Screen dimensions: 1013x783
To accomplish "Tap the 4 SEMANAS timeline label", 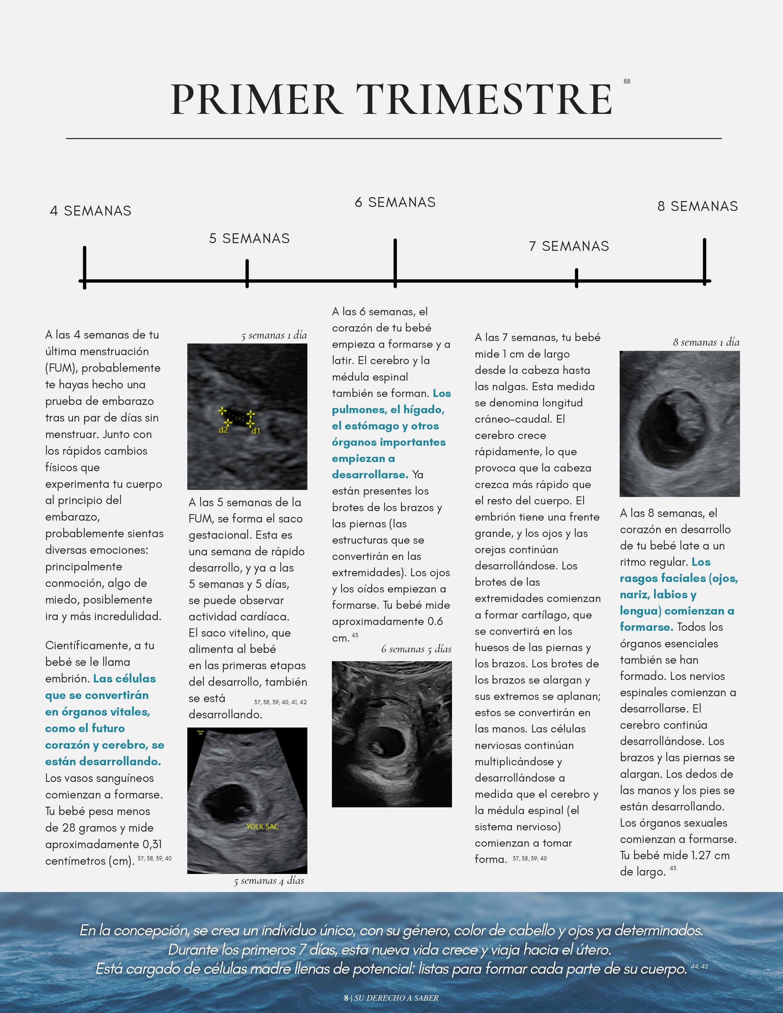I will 91,211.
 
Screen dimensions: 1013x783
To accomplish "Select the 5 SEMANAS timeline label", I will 250,239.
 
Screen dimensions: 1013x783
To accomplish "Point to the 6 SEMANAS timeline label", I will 395,202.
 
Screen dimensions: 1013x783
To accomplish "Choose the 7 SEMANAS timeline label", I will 569,246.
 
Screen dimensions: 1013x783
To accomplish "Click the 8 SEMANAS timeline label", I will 698,206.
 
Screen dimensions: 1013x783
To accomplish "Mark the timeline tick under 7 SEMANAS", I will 576,278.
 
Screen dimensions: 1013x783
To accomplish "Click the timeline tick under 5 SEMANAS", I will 247,273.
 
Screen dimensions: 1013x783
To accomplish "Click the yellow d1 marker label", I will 255,431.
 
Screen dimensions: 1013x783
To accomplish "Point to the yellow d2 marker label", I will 224,430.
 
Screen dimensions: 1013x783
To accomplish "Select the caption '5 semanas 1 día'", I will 274,335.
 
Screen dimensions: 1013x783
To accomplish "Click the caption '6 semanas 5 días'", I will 416,649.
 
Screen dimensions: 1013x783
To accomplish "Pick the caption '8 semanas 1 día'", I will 706,342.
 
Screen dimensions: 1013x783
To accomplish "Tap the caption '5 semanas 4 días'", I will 269,881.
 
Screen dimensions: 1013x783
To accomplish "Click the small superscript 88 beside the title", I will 627,81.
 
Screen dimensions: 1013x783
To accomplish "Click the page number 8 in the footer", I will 346,998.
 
